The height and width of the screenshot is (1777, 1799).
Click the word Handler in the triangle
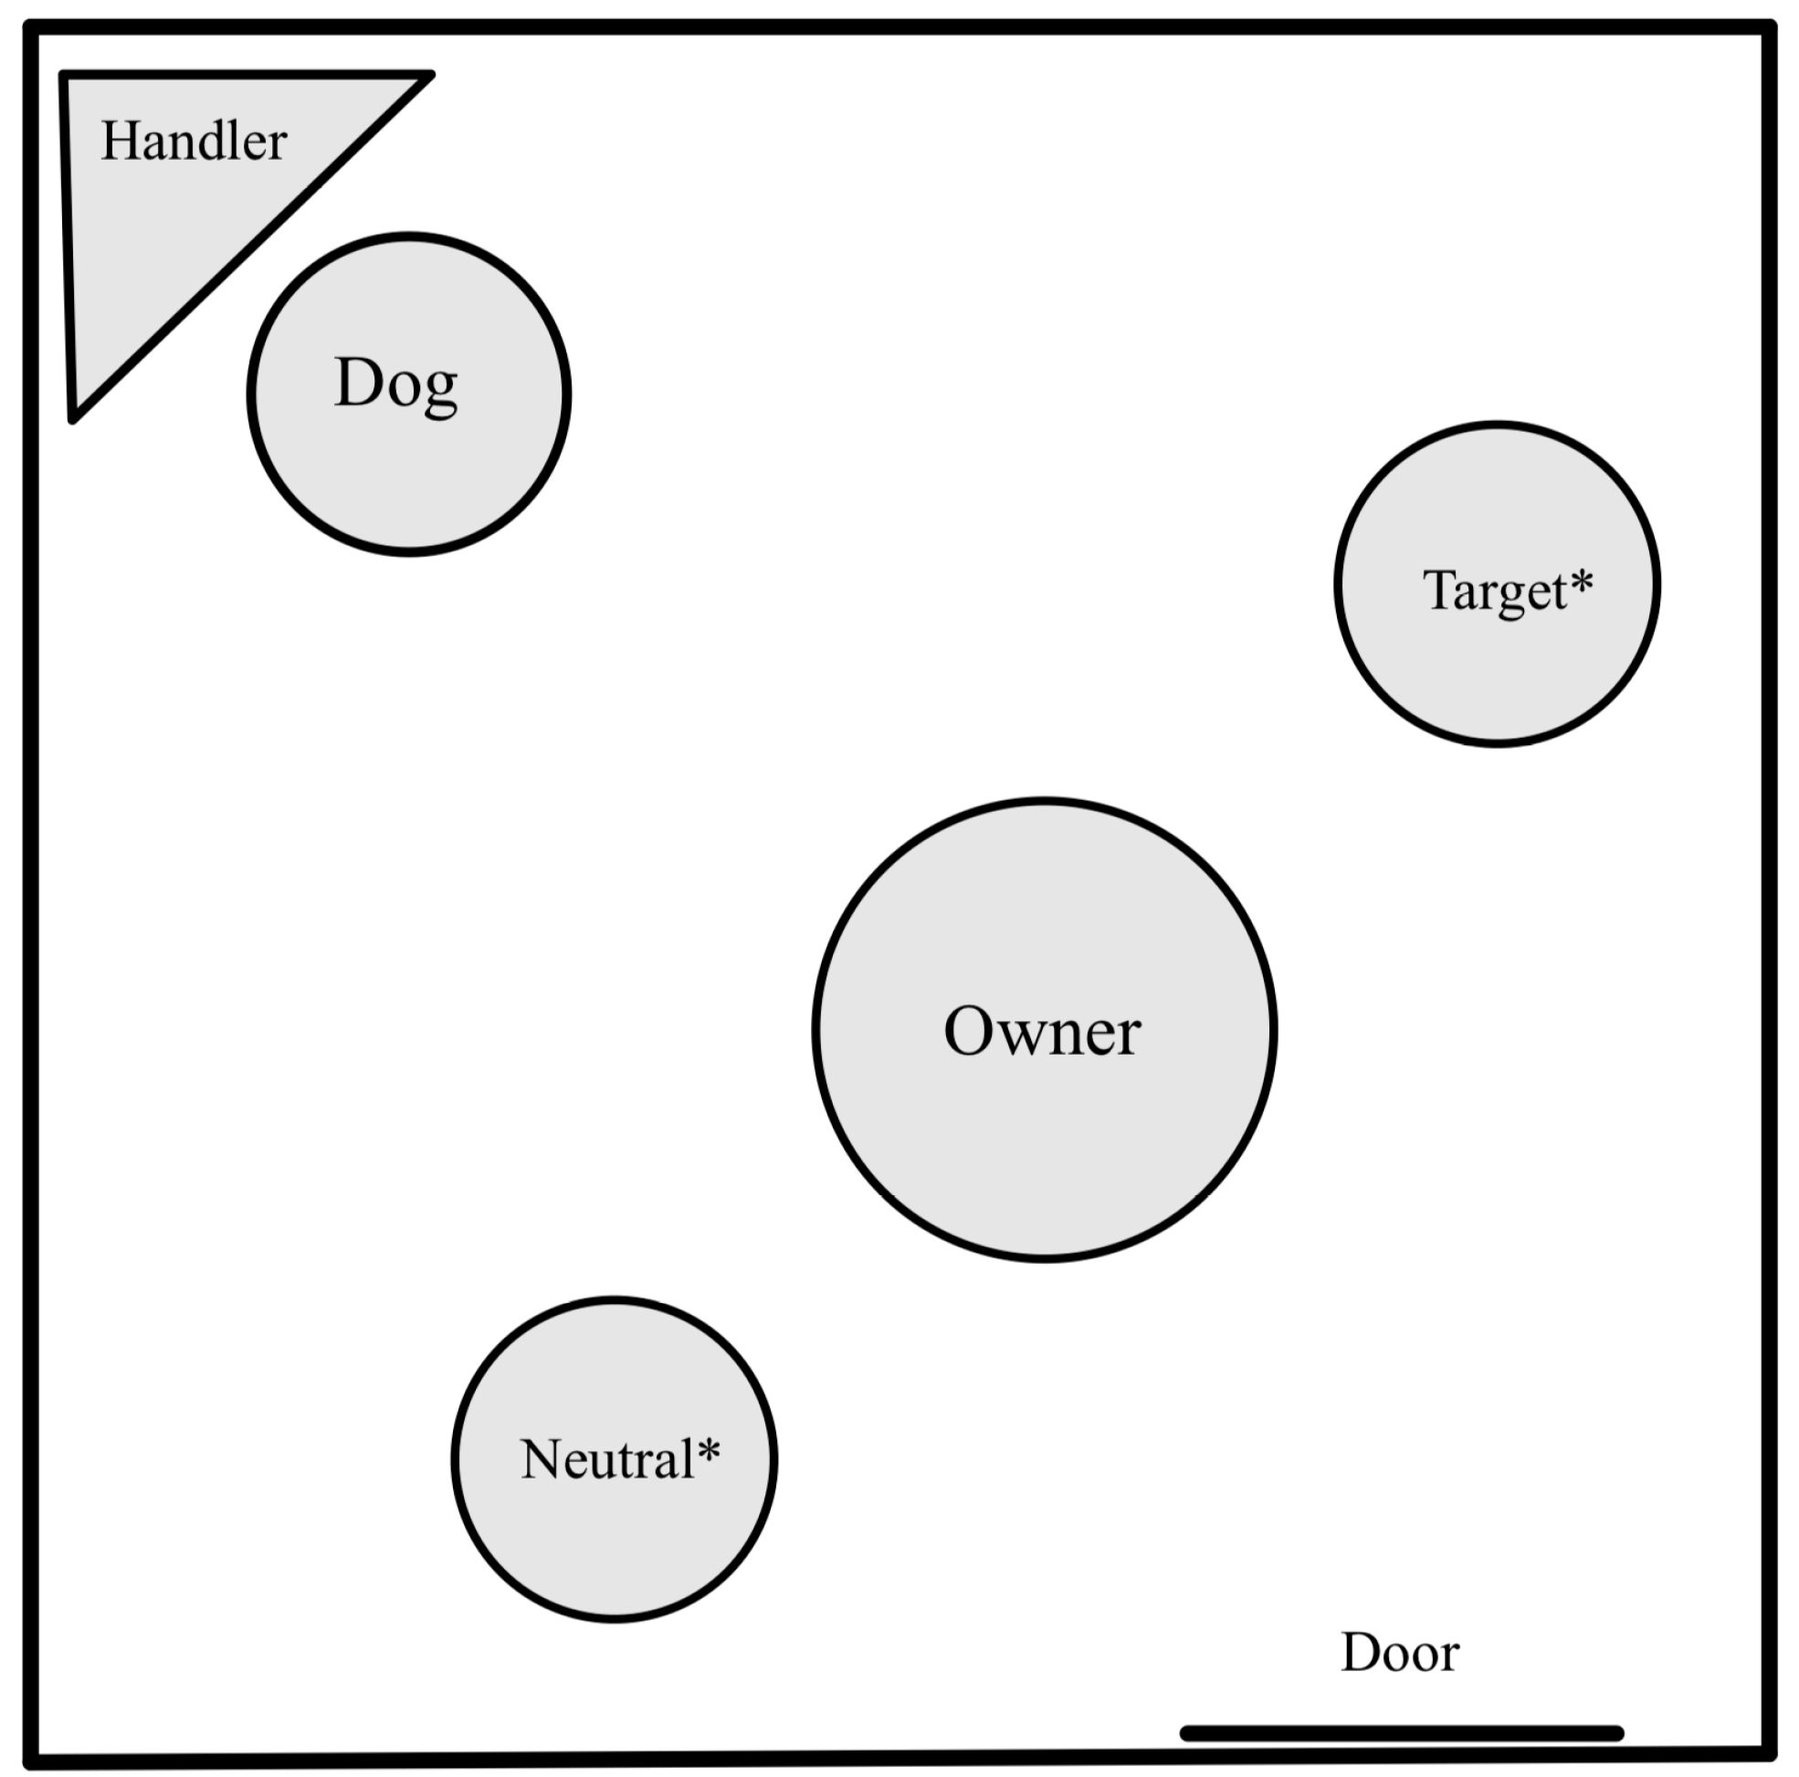tap(194, 142)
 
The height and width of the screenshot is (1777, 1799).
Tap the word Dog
tap(395, 383)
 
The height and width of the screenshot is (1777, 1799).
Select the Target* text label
tap(1507, 591)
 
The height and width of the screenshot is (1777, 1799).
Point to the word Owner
tap(1042, 1032)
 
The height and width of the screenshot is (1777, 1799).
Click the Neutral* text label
tap(619, 1458)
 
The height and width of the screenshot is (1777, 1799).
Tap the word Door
tap(1400, 1653)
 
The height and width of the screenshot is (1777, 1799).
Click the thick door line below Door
tap(1402, 1733)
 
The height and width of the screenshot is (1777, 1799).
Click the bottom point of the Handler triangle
tap(74, 419)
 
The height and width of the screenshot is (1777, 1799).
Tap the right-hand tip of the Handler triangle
tap(430, 75)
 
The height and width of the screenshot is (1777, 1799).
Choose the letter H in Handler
tap(121, 142)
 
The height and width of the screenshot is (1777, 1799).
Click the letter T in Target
tap(1439, 590)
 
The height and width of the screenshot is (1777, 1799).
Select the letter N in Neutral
tap(542, 1458)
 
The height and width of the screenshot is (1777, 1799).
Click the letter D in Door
tap(1361, 1653)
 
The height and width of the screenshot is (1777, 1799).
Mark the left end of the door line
tap(1185, 1733)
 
